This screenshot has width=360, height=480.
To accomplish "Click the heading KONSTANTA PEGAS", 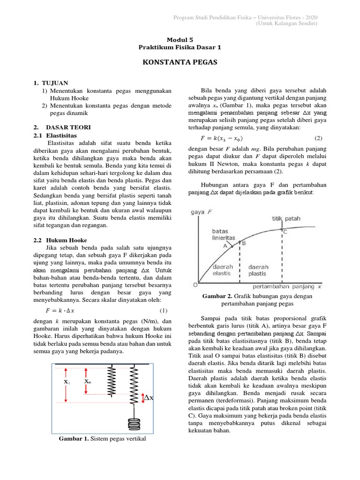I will (180, 62).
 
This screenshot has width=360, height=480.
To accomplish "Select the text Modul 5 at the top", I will (180, 40).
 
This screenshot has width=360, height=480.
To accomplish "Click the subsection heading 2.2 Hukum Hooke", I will (60, 240).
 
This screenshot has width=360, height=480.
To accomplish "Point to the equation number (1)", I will (163, 310).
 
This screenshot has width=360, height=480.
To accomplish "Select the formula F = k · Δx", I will (60, 310).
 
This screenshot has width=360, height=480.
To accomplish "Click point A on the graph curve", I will (226, 245).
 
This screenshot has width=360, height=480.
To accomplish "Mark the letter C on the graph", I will (285, 232).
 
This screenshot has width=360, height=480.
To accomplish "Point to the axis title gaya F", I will (202, 212).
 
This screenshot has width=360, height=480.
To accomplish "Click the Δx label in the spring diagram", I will (149, 397).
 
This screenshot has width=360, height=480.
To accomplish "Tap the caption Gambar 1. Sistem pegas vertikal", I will (102, 439).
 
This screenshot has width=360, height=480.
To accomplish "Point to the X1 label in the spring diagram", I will (67, 382).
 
